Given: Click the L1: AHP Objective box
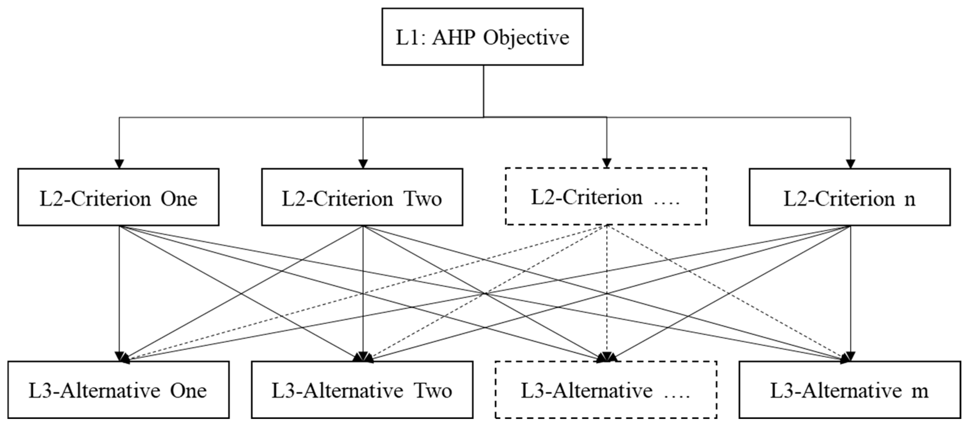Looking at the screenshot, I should coord(482,37).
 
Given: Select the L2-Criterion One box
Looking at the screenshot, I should coord(118,197).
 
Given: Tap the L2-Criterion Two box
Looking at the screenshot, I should coord(362,197).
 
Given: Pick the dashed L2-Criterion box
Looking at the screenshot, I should coord(606,196).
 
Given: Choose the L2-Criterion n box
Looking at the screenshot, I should coord(850,197).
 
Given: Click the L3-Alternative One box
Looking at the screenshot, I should coord(118,390).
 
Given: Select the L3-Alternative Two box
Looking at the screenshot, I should coord(362,390).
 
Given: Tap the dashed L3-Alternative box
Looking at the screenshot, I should coord(606,390).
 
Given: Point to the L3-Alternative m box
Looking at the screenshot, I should coord(850,390).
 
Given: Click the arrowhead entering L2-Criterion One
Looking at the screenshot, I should coord(119,164).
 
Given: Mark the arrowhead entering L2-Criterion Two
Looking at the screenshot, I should coord(363,164).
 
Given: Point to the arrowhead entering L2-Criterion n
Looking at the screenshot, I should coord(850,164).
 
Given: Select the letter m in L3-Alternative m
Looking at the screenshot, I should coord(920,391).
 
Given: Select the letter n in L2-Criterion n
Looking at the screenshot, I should coord(909,199).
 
